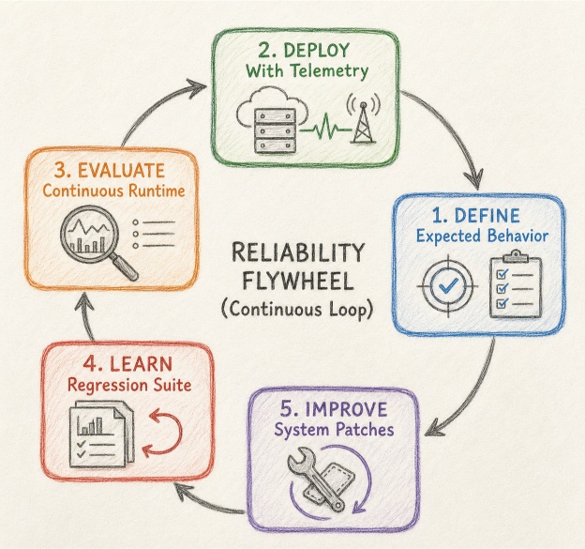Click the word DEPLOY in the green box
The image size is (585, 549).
pyautogui.click(x=316, y=50)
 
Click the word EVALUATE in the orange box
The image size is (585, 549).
pyautogui.click(x=121, y=171)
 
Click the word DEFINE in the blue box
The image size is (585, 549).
pyautogui.click(x=487, y=216)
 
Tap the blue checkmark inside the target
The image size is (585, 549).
pyautogui.click(x=448, y=285)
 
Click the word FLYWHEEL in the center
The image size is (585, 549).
pyautogui.click(x=298, y=282)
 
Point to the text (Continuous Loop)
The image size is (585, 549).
pyautogui.click(x=297, y=310)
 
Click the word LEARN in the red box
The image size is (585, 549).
pyautogui.click(x=142, y=364)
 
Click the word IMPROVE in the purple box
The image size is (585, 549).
pyautogui.click(x=346, y=409)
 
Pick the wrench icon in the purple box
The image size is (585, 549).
pyautogui.click(x=315, y=478)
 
